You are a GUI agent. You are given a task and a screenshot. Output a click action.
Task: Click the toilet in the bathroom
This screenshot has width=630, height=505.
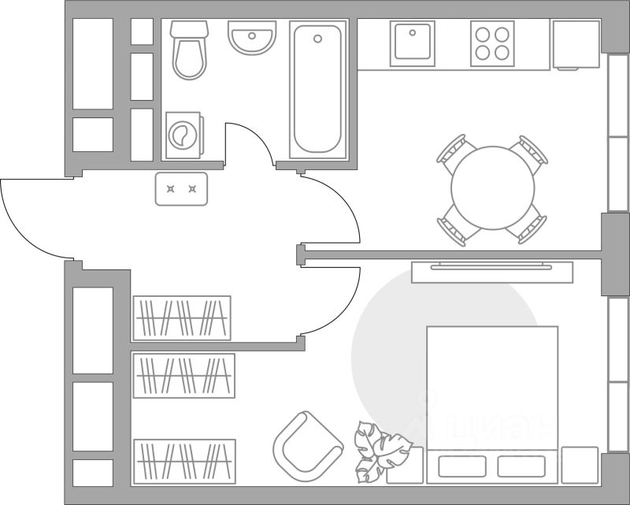[x=189, y=52]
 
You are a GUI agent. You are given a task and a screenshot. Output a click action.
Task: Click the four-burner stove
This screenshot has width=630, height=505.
[x=493, y=43]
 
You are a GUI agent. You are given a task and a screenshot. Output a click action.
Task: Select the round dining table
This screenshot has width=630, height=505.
[x=493, y=188]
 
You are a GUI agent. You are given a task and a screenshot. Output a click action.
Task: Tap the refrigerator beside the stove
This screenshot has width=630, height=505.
[x=576, y=44]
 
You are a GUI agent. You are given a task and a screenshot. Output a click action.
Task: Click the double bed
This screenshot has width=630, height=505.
[x=492, y=402]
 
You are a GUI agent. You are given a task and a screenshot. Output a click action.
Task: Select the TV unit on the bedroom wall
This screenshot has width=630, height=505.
[x=493, y=270]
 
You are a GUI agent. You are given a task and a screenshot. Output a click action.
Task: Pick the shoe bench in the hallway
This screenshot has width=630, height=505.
[x=181, y=189]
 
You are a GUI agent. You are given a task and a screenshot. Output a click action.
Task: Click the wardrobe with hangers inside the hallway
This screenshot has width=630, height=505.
[x=182, y=318]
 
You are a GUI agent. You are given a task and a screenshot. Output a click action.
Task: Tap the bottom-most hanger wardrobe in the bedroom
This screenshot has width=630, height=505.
[x=185, y=461]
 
